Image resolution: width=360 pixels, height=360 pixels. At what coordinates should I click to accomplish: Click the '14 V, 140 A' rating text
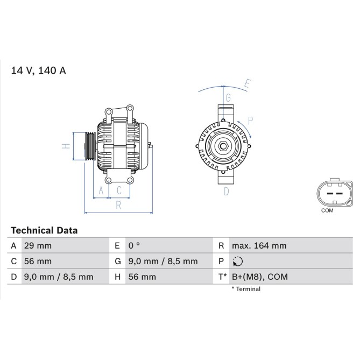(38, 71)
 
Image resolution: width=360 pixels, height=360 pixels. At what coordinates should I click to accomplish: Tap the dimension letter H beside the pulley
(65, 146)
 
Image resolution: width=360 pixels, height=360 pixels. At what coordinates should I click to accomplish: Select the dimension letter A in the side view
(101, 190)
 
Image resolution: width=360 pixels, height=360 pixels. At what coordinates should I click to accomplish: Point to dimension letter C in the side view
(119, 190)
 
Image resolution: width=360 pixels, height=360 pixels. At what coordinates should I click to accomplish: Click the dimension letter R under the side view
(118, 204)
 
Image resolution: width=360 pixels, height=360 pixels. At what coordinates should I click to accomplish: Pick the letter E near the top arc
(248, 83)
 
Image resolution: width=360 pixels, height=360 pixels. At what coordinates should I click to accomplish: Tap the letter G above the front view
(228, 98)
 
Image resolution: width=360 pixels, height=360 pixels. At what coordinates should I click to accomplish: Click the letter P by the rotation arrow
(250, 119)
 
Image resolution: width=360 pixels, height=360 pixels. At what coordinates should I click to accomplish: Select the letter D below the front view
(227, 190)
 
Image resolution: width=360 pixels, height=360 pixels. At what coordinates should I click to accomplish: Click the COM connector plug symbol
(334, 193)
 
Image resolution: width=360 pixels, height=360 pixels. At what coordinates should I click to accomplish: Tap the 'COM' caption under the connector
(327, 210)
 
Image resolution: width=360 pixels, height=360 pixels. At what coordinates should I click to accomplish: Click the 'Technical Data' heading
(44, 230)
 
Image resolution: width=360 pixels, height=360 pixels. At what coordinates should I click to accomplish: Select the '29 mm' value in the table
(38, 246)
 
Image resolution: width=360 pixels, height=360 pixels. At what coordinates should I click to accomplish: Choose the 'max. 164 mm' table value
(259, 246)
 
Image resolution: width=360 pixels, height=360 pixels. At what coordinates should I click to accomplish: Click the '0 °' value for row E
(134, 246)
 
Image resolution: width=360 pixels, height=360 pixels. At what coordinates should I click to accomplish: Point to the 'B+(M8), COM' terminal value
(260, 277)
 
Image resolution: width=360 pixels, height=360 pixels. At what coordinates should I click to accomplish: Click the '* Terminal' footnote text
(246, 289)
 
